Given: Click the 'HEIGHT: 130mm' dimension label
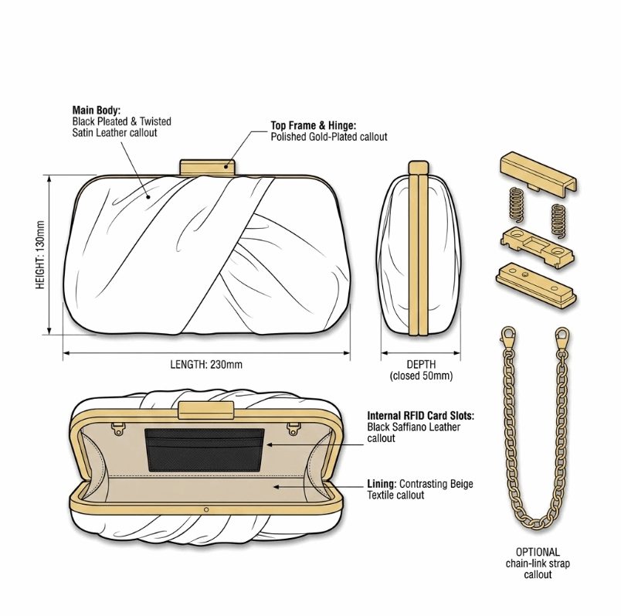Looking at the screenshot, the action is tap(40, 255).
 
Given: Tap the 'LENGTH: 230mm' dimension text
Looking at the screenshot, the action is tap(206, 364).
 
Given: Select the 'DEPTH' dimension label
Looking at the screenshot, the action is tap(421, 364).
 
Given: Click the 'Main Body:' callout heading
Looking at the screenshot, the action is tap(97, 111).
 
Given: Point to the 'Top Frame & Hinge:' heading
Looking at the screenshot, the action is tap(314, 126).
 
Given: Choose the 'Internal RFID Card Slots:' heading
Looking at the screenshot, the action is tap(420, 416).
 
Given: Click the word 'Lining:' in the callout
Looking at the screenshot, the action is tap(382, 484).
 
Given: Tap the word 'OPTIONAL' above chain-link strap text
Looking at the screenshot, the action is tap(538, 552).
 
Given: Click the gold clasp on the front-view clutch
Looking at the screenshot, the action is tap(208, 167).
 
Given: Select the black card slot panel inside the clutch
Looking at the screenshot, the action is tap(205, 450).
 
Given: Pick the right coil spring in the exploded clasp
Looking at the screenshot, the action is tap(558, 221).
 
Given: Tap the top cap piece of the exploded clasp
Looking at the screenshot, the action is tap(538, 174).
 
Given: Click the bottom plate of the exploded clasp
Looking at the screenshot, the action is tap(535, 284).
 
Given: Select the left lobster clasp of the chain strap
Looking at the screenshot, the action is tap(508, 338).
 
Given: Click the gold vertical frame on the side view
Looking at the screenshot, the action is tap(419, 249).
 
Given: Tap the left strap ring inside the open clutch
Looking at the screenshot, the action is tap(118, 429).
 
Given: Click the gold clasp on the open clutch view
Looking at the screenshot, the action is tap(206, 410).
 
